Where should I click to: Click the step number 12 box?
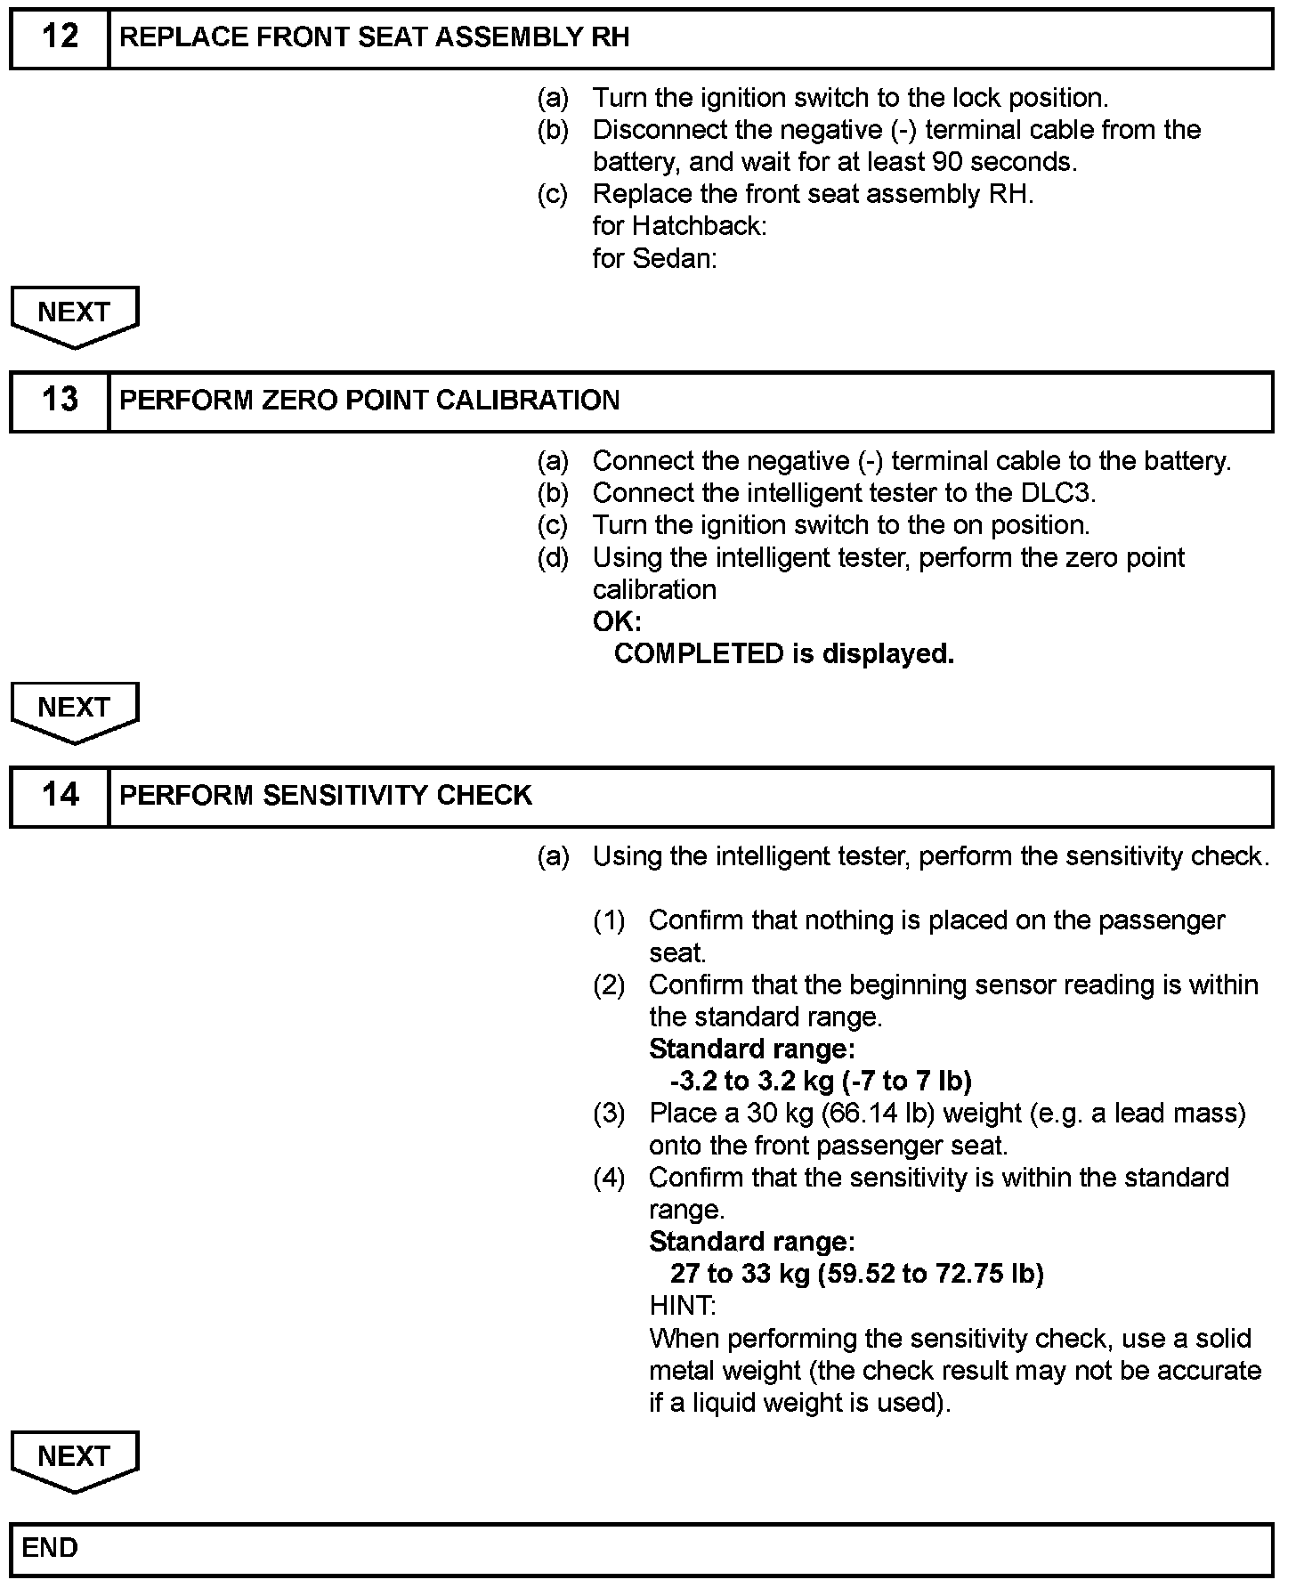coord(60,37)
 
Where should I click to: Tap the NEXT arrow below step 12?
coord(75,314)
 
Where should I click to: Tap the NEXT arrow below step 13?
coord(75,709)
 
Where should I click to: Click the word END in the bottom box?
coord(50,1548)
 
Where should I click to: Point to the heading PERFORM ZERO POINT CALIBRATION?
coord(369,401)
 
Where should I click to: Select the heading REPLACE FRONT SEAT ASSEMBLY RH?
coord(375,37)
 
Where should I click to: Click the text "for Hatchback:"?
coord(679,226)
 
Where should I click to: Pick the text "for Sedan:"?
coord(654,259)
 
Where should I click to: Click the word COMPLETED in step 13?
coord(698,654)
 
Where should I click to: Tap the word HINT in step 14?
coord(682,1306)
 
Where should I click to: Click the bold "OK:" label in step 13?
coord(617,622)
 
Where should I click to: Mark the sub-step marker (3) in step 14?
coord(609,1114)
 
